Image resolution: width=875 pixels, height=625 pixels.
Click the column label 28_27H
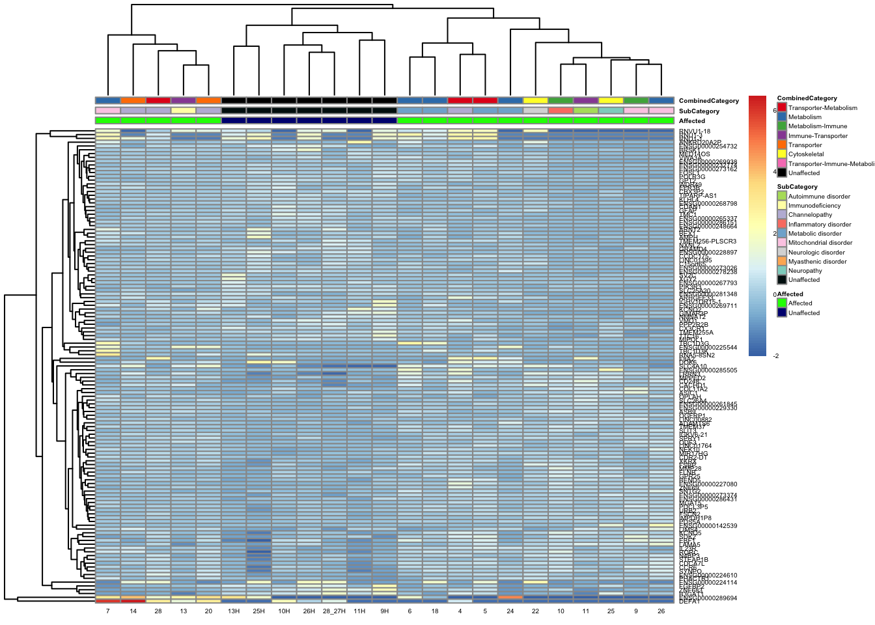334,611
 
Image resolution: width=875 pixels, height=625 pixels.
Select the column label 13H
234,611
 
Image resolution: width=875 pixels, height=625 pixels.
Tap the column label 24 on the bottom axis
510,611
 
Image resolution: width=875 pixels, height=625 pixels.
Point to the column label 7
107,611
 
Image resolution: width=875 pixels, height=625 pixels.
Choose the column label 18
435,611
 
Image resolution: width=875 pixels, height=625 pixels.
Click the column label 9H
385,611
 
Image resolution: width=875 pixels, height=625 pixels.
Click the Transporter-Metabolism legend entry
822,108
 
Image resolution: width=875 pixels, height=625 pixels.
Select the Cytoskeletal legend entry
806,154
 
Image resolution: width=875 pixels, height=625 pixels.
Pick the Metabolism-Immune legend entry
817,126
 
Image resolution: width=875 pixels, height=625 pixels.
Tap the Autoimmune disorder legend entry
818,196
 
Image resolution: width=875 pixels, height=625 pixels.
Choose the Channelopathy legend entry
810,215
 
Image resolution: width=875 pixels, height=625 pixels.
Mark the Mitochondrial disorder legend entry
820,243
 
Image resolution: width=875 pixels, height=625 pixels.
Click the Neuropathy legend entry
805,271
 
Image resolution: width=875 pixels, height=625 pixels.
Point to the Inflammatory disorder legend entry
819,224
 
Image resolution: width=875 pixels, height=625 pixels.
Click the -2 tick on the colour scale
775,356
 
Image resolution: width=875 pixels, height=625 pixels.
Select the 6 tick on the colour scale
774,111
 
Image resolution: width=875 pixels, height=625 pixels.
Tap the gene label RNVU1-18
694,132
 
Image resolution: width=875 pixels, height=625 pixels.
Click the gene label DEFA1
689,602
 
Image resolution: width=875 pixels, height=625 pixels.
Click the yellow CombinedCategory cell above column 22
535,100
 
